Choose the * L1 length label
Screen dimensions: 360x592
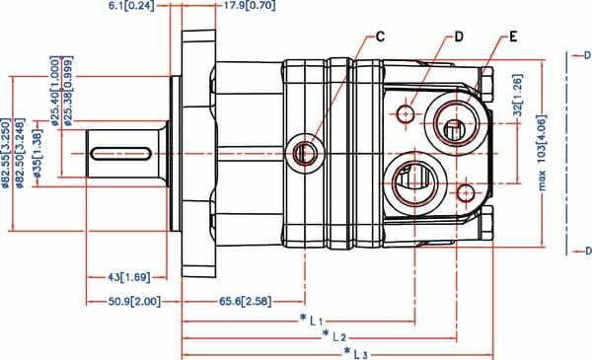coord(312,320)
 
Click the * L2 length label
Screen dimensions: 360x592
coord(333,336)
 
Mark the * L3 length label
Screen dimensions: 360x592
coord(355,352)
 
